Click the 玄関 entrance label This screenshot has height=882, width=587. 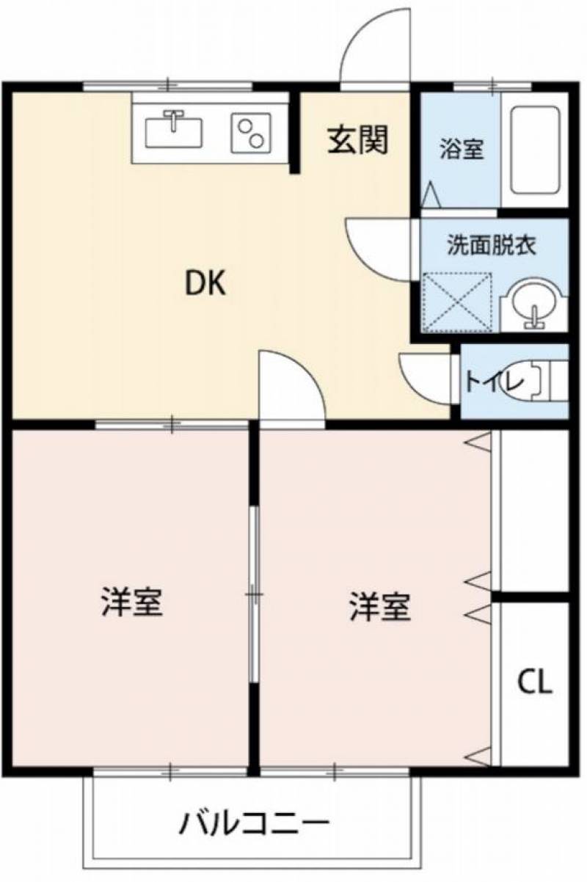tap(358, 139)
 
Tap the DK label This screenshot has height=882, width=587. tap(205, 284)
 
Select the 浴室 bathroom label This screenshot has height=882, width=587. tap(462, 149)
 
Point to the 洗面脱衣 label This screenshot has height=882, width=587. tap(492, 246)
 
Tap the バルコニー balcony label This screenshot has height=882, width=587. tap(254, 821)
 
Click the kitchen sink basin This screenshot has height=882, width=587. tap(174, 133)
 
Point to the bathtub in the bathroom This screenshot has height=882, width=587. tap(535, 150)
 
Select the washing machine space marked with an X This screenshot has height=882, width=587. tap(457, 301)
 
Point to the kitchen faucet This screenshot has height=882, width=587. tap(175, 120)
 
